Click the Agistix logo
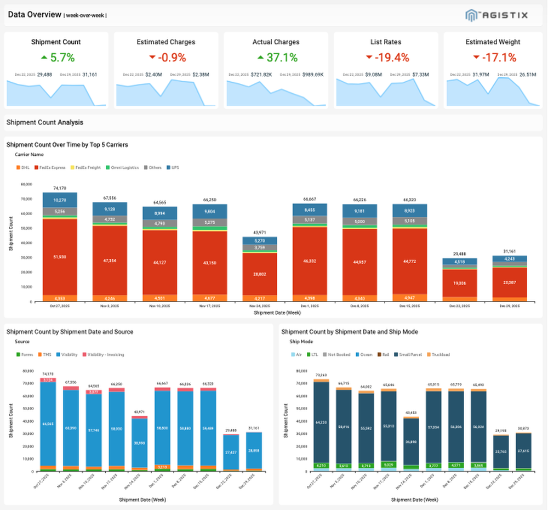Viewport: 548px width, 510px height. pos(496,15)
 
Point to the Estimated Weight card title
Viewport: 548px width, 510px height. pos(493,42)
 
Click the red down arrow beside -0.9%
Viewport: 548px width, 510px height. pos(152,58)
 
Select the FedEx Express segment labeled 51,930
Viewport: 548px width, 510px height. pos(60,257)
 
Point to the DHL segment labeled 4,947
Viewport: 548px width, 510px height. pos(409,298)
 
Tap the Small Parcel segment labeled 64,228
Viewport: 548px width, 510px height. pos(321,422)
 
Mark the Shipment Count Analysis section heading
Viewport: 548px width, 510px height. pos(45,123)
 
